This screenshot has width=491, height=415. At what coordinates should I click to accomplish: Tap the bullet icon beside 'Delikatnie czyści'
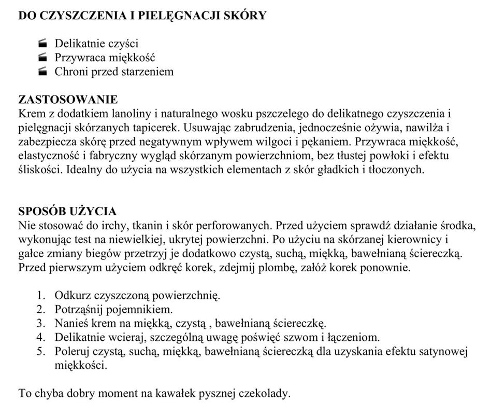coord(43,44)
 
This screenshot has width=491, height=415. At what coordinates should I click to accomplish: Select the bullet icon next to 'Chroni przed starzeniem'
coord(43,72)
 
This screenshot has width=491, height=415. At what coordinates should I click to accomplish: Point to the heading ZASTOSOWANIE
coord(68,99)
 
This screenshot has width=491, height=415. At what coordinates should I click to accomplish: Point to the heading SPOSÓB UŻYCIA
coord(67,211)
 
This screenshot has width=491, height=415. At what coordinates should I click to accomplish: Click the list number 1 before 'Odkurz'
coord(41,296)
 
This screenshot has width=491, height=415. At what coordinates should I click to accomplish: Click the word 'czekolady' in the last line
coord(264,393)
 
